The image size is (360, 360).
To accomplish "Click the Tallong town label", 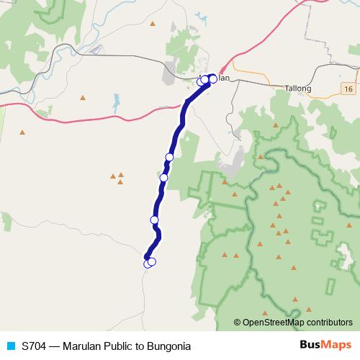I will point(298,89).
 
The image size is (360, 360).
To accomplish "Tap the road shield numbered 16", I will point(348,88).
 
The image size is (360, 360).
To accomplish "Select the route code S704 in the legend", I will point(34,346).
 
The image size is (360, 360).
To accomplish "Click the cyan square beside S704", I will point(10,346).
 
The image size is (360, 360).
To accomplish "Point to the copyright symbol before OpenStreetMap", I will point(238,322).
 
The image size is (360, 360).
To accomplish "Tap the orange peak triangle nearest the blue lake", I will point(83,97).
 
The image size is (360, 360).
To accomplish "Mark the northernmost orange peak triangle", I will point(153,24).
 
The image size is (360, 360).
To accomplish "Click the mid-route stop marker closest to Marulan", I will point(170,157).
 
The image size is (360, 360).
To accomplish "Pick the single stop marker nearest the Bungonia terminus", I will point(154,220).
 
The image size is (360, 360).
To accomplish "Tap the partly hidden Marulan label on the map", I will point(220,78).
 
